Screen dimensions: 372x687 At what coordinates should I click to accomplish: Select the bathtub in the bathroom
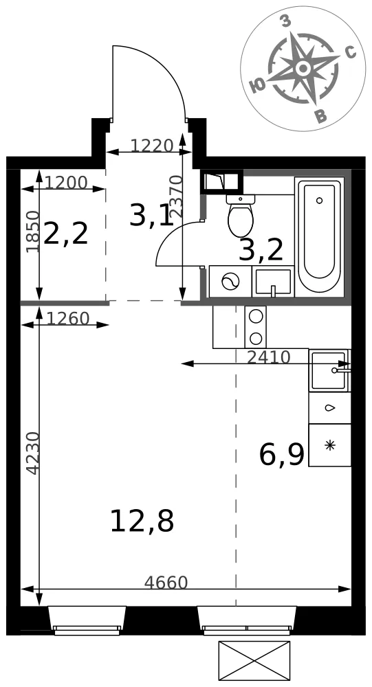(x=319, y=237)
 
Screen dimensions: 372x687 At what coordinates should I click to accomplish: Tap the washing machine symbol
(x=230, y=281)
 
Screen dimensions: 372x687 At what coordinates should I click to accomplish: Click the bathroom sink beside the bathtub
(x=273, y=281)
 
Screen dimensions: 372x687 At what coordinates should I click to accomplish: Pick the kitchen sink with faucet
(x=329, y=370)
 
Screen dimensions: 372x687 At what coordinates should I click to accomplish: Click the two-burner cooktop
(x=255, y=327)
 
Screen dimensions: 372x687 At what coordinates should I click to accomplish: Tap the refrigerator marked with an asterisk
(x=329, y=444)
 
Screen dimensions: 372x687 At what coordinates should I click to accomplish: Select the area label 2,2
(x=66, y=234)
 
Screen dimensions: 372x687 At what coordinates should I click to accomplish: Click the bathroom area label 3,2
(x=261, y=251)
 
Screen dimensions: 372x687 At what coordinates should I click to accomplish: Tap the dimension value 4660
(x=166, y=583)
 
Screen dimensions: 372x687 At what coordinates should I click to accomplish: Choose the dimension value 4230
(x=32, y=453)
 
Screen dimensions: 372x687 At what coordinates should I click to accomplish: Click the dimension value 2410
(x=268, y=357)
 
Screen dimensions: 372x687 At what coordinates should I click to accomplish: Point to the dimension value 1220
(x=152, y=145)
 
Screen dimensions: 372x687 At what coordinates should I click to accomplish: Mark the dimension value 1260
(x=67, y=319)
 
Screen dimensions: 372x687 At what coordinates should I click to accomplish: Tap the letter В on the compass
(x=322, y=115)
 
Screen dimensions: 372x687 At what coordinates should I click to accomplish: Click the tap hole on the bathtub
(x=319, y=201)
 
